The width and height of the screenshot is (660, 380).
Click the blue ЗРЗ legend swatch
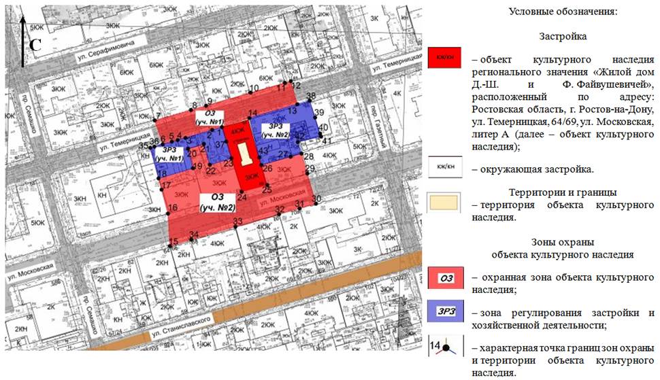446,313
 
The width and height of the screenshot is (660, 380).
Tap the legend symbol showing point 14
446,348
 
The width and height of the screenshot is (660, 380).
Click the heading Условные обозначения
563,13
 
